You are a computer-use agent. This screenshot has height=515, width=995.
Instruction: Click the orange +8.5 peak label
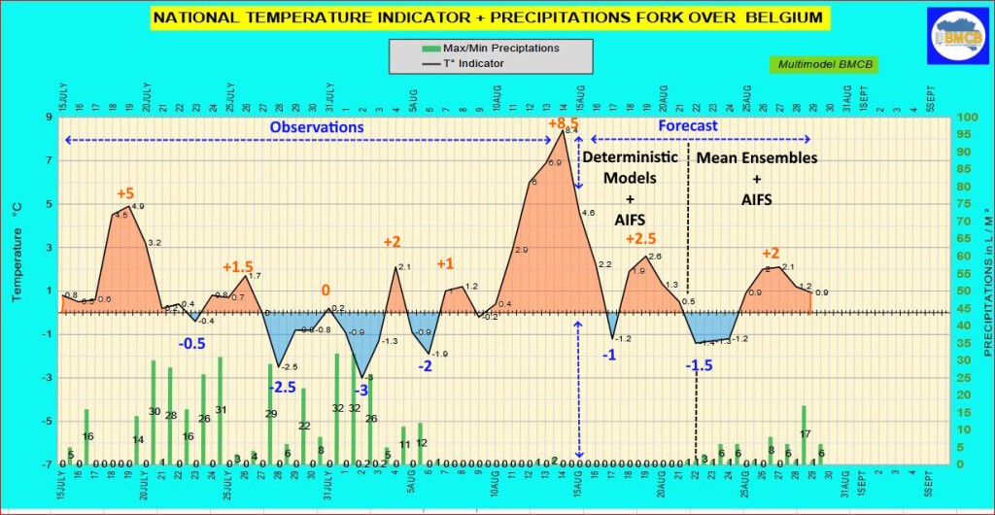[563, 124]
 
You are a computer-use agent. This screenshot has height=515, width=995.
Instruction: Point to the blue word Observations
[317, 127]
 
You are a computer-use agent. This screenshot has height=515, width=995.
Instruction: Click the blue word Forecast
[688, 126]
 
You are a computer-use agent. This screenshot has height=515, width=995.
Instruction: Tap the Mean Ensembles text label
[757, 157]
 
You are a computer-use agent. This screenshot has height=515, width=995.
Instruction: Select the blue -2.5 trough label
[283, 387]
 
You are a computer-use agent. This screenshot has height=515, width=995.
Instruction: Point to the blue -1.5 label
[700, 365]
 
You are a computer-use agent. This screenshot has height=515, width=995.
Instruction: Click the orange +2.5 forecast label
[642, 239]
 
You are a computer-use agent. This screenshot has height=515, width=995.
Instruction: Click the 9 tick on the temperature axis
[48, 118]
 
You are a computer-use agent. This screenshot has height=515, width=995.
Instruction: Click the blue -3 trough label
[360, 390]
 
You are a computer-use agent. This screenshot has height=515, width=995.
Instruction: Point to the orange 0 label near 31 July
[326, 291]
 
